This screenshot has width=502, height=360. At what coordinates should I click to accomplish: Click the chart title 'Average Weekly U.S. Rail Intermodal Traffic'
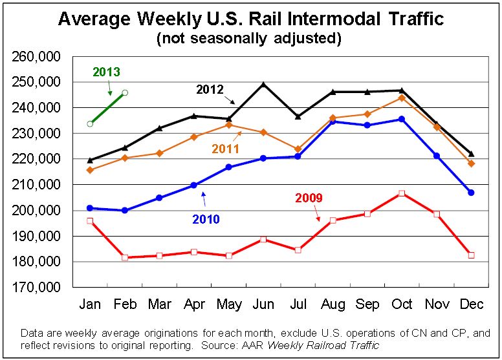[251, 19]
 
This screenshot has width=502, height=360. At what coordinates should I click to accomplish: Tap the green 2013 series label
[107, 72]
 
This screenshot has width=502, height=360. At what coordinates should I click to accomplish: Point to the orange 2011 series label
[225, 149]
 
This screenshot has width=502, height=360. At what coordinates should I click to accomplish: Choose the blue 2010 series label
[206, 219]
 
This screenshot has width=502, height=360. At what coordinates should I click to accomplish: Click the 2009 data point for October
[402, 193]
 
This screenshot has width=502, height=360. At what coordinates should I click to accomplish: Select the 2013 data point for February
[125, 92]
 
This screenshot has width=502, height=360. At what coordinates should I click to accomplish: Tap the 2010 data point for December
[471, 193]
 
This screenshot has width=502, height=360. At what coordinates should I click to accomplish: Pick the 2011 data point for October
[402, 98]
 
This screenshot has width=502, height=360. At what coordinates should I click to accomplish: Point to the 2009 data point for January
[90, 221]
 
